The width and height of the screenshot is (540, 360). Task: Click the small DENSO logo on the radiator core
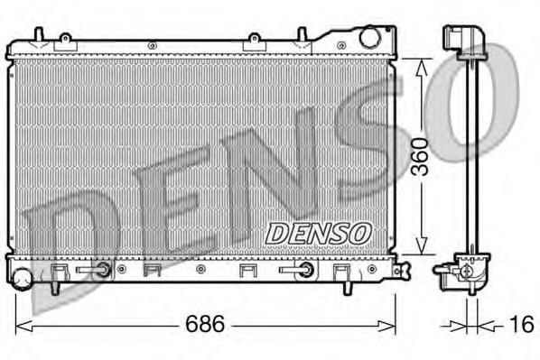[318, 232]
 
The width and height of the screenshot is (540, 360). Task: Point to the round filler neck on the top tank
[369, 39]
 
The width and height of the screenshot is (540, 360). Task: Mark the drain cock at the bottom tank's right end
[403, 268]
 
